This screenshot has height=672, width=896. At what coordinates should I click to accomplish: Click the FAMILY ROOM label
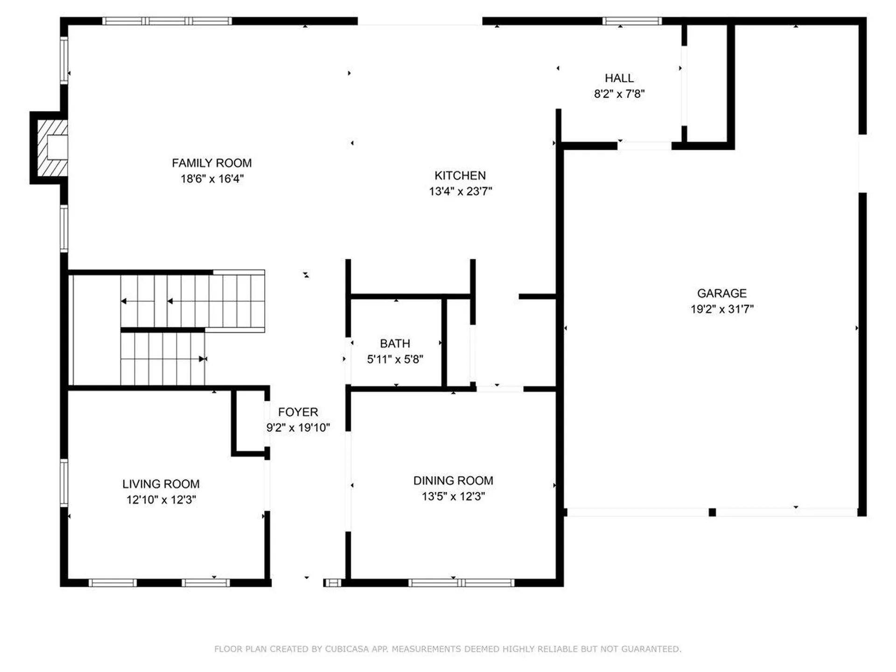(x=211, y=163)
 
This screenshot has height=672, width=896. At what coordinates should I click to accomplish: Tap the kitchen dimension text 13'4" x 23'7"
(x=460, y=191)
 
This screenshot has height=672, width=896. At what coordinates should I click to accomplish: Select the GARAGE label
(x=721, y=293)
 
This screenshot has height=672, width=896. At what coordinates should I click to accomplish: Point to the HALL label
(x=619, y=78)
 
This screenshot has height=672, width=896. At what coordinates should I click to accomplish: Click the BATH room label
(x=395, y=343)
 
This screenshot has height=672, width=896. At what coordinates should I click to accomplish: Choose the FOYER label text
(x=298, y=412)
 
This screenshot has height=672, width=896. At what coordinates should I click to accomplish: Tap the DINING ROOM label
(x=453, y=481)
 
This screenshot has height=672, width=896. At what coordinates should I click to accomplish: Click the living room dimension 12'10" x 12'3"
(x=161, y=500)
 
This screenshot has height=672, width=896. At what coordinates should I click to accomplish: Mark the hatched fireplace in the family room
(x=50, y=148)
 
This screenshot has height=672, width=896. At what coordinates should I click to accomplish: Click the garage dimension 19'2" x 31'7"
(x=721, y=309)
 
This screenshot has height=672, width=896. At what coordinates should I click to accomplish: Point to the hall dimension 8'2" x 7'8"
(x=619, y=94)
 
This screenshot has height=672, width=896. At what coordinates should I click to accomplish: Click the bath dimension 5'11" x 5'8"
(x=395, y=359)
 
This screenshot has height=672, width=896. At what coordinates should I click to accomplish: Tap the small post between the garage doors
(x=712, y=512)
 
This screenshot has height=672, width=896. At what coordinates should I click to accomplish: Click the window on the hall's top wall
(x=631, y=21)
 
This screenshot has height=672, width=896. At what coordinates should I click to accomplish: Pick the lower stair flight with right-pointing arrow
(x=162, y=358)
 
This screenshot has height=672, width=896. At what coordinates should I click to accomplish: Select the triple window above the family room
(x=167, y=21)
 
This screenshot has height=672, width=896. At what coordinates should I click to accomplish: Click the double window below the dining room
(x=461, y=582)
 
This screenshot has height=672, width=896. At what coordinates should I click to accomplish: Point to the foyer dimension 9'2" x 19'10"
(x=298, y=428)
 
